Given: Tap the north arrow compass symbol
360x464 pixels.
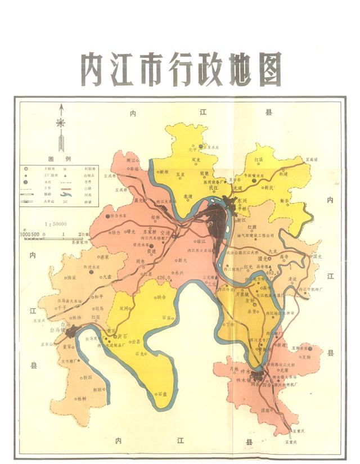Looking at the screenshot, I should pyautogui.click(x=61, y=125).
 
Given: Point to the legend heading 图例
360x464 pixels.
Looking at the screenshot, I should pyautogui.click(x=59, y=159).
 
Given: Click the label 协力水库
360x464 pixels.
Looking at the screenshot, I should pyautogui.click(x=119, y=215).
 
